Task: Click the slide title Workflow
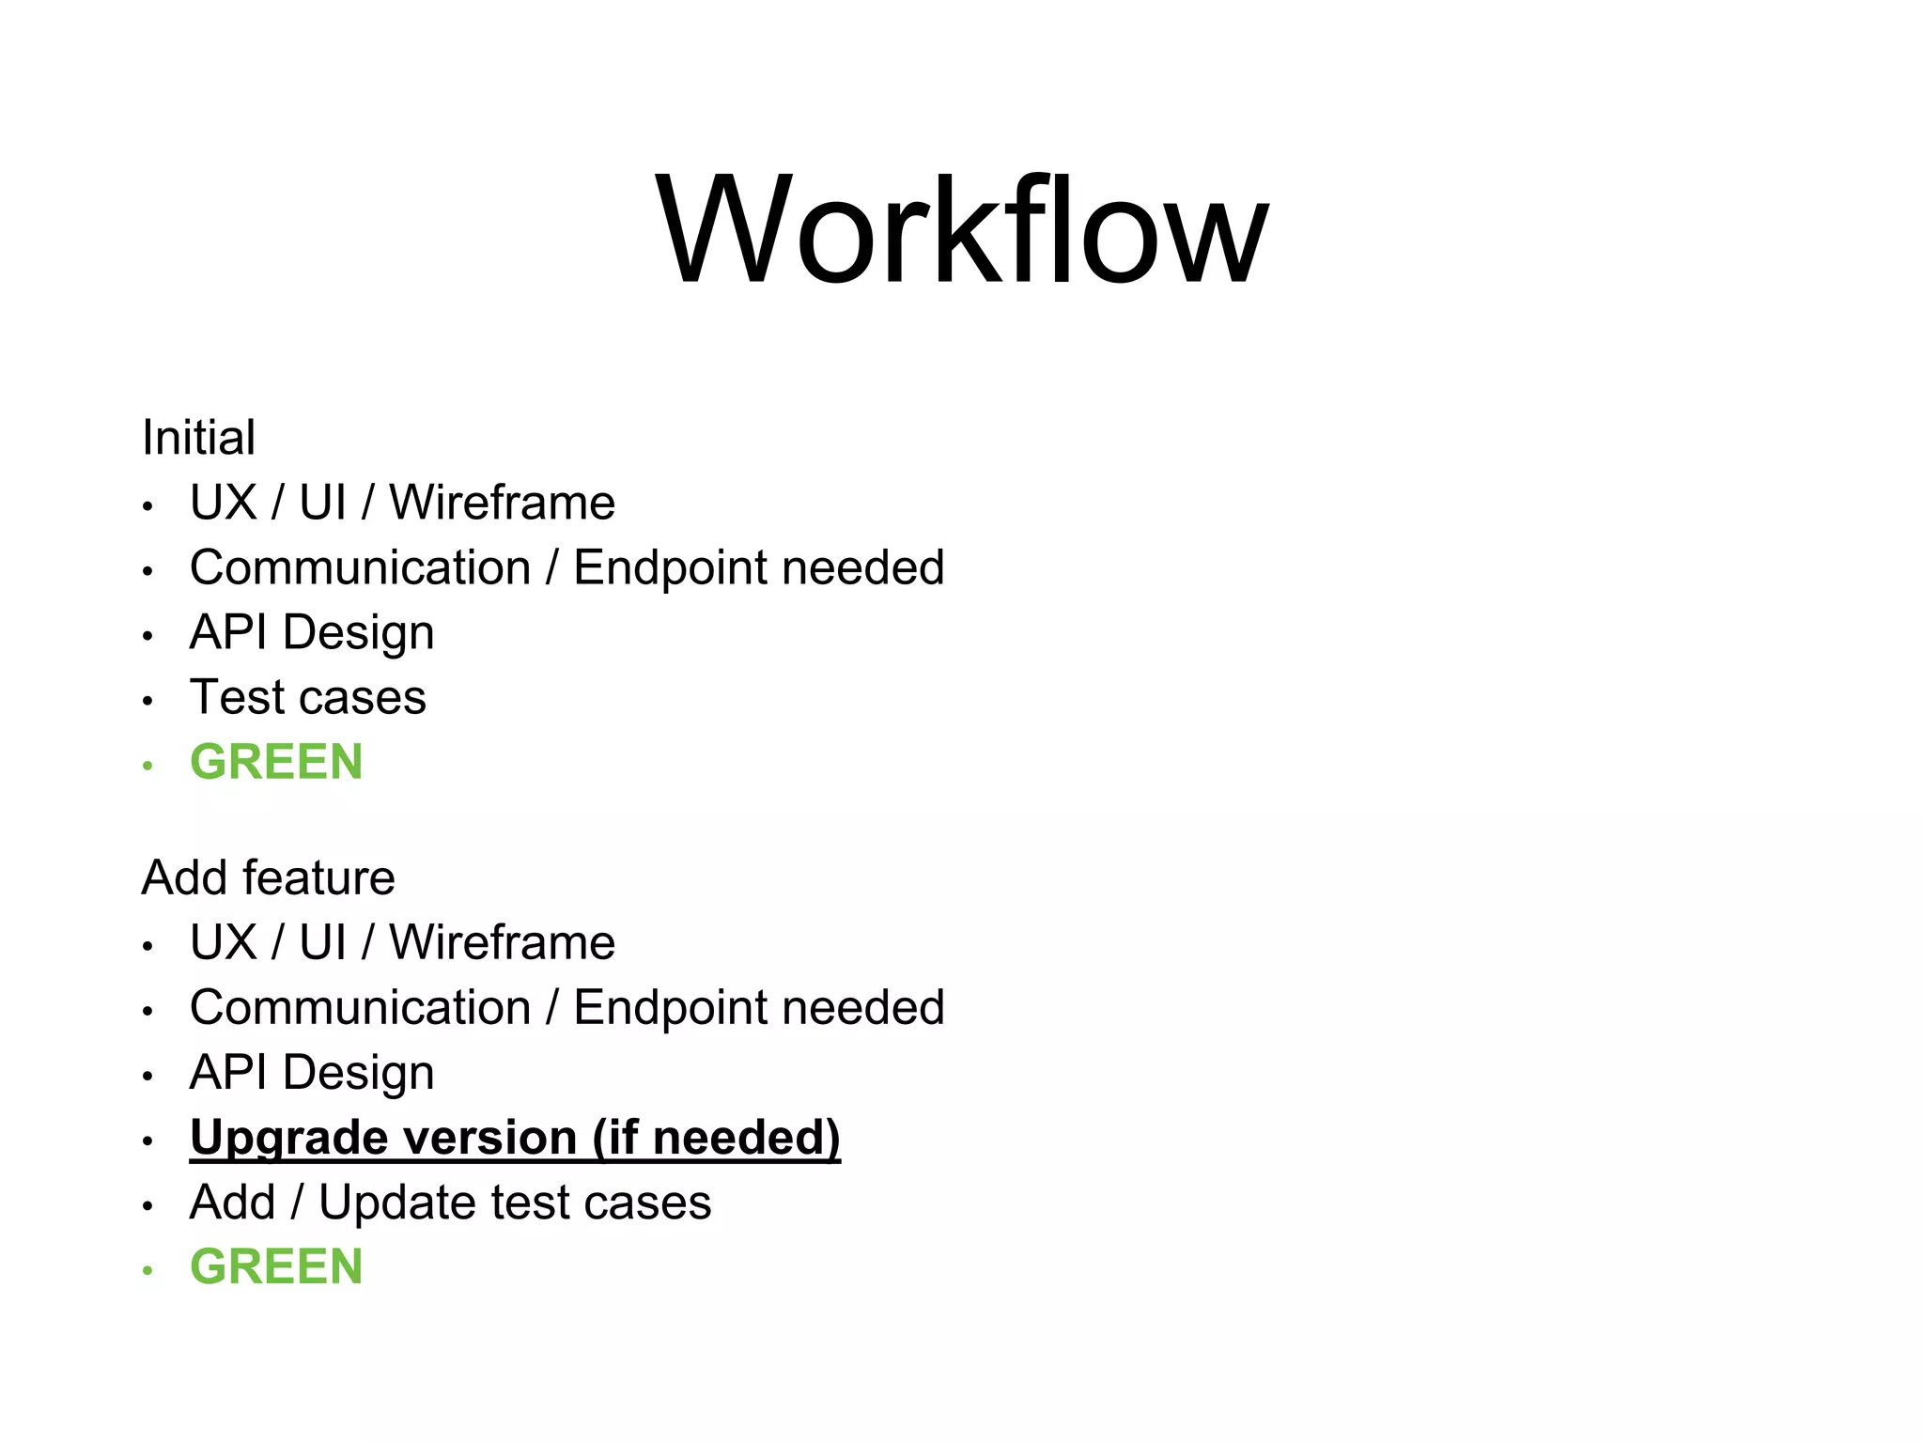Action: coord(961,230)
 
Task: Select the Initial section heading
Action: coord(198,438)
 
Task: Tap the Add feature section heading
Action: coord(268,877)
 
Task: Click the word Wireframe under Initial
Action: coord(503,503)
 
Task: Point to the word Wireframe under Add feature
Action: coord(503,942)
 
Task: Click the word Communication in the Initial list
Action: coord(360,567)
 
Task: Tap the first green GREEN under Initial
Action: coord(276,762)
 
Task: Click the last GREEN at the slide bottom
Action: coord(276,1266)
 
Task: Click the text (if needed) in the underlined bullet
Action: coord(716,1138)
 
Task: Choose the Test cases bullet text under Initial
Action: coord(308,697)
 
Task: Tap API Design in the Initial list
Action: coord(312,632)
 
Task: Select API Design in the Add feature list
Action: coord(312,1072)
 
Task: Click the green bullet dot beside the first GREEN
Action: coord(147,766)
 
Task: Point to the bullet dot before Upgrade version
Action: coord(147,1141)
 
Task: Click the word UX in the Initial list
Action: coord(223,503)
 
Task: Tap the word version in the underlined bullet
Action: coord(488,1138)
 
